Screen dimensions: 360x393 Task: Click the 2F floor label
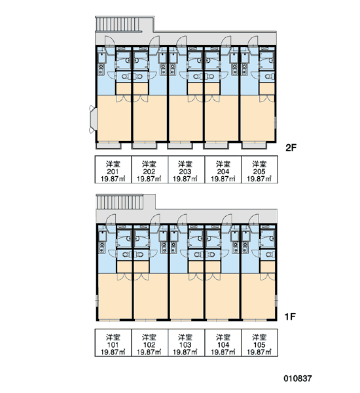click(x=291, y=148)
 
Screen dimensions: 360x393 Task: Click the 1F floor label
click(x=290, y=317)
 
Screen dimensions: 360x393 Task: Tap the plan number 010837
click(x=298, y=378)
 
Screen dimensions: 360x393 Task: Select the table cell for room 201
click(x=113, y=170)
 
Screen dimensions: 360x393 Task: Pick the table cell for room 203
click(x=186, y=170)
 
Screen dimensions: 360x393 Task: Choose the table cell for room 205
click(x=259, y=170)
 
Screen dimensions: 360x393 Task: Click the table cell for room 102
click(x=149, y=343)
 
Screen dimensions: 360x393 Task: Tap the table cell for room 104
click(x=223, y=343)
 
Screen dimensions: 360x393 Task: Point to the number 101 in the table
click(x=113, y=345)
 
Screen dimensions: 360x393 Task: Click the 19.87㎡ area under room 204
click(x=223, y=179)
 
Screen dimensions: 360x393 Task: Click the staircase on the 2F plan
click(x=118, y=25)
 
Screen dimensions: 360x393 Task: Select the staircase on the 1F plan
click(x=120, y=202)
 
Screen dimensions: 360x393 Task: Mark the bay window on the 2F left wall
click(x=92, y=119)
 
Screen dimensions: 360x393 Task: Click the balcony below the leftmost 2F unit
click(x=109, y=145)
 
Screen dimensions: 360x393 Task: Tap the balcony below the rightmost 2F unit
click(x=254, y=145)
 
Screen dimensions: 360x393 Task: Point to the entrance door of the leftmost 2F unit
click(x=110, y=41)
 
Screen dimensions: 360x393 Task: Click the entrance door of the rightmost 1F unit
click(x=253, y=219)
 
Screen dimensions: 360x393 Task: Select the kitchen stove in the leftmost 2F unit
click(x=101, y=69)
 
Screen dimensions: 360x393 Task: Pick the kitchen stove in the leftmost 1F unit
click(x=102, y=248)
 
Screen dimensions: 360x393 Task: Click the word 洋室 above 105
click(x=259, y=337)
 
